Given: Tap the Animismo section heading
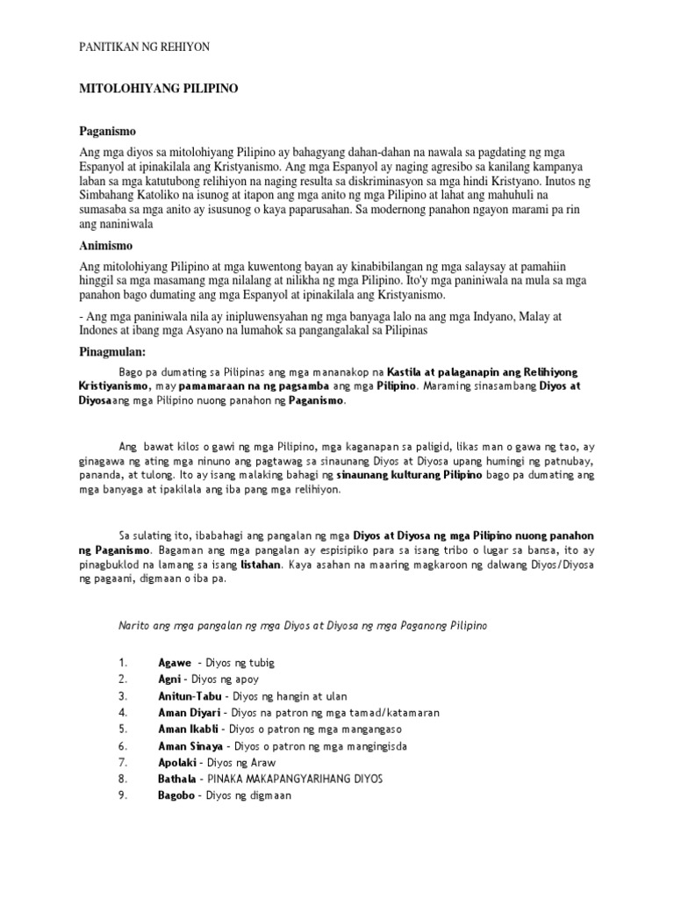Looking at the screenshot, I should (107, 246).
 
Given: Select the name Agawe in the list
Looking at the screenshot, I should (174, 662).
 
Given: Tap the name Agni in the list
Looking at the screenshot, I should (169, 679).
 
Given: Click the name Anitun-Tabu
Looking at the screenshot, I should (189, 695).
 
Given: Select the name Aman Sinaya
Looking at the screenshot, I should (190, 745).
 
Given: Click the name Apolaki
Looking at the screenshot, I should (177, 762).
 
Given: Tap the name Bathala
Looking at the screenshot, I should (177, 779).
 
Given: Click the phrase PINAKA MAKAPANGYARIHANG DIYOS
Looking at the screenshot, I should (294, 779).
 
